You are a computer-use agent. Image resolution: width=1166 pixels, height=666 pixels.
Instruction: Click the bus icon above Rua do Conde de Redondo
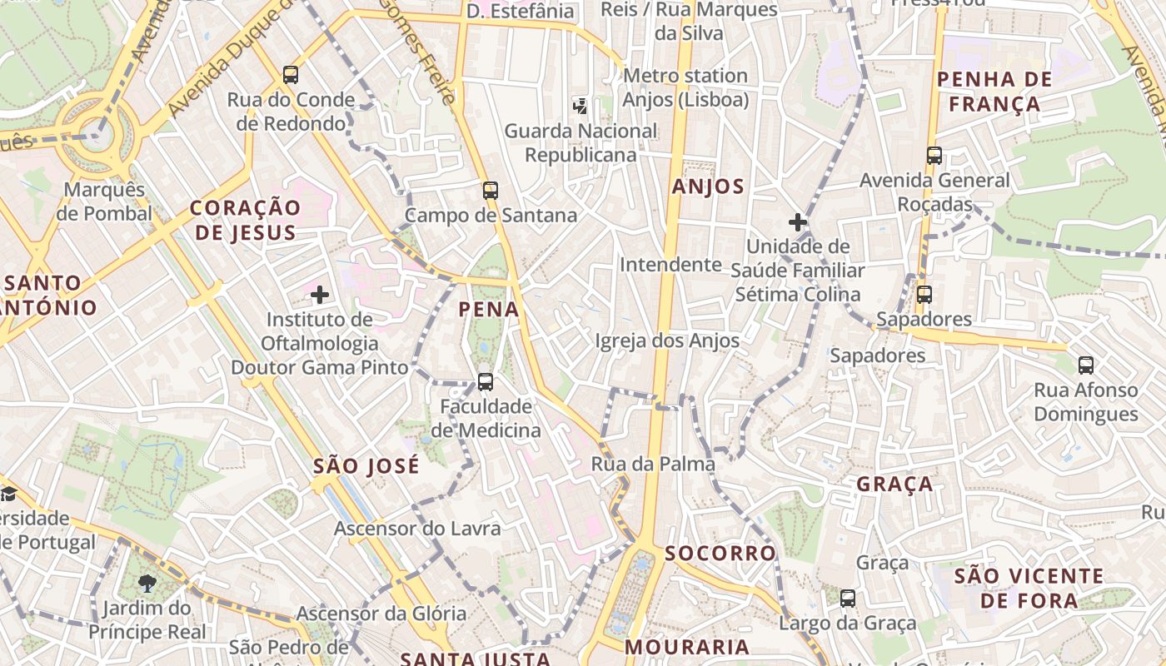click(291, 75)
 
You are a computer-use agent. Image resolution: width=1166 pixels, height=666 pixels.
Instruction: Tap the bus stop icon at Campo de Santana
click(491, 190)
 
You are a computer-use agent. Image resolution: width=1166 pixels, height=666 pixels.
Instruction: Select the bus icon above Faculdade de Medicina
click(485, 382)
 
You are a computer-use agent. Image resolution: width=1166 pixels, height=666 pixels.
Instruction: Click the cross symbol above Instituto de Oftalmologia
click(320, 295)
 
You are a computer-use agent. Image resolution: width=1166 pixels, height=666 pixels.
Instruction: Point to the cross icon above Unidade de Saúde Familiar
click(798, 222)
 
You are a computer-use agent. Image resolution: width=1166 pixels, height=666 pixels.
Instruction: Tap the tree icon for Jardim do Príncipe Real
click(147, 583)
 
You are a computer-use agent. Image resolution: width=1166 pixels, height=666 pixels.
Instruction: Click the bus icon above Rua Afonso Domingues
click(1086, 365)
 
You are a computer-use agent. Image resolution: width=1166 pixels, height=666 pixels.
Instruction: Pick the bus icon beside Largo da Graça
click(848, 598)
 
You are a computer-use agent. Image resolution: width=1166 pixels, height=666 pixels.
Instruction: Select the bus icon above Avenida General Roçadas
click(934, 156)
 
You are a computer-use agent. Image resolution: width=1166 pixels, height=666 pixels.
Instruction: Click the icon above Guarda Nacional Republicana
click(580, 106)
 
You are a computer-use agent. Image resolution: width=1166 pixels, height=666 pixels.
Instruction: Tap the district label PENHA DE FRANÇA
click(989, 92)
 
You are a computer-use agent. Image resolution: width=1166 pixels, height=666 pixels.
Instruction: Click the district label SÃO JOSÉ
click(366, 466)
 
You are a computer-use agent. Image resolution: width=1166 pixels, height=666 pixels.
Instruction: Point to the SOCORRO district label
click(720, 553)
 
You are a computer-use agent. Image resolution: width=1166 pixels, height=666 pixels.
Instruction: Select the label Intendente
click(670, 265)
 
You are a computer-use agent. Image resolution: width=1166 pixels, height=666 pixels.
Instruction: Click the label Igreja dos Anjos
click(667, 340)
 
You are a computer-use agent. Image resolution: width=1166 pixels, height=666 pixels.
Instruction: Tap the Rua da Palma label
click(653, 464)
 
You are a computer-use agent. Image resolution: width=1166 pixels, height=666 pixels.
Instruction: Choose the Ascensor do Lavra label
click(417, 529)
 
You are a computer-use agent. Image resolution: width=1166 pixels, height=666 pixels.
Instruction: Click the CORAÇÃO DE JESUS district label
click(245, 220)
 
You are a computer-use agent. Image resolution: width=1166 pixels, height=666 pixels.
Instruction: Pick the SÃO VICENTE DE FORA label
click(1029, 588)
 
